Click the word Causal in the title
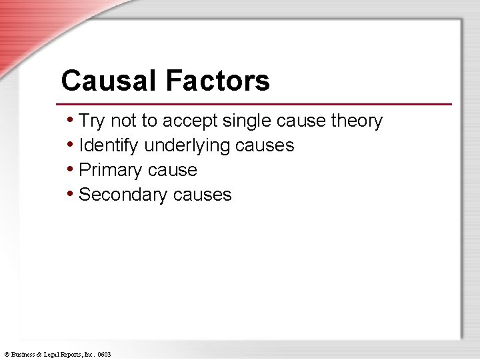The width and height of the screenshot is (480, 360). click(109, 81)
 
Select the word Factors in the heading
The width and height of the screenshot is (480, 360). click(217, 81)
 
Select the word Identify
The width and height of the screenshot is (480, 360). click(109, 146)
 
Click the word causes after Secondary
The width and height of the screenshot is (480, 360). click(202, 195)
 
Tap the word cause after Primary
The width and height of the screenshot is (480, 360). click(173, 170)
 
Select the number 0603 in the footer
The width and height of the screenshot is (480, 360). click(104, 355)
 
